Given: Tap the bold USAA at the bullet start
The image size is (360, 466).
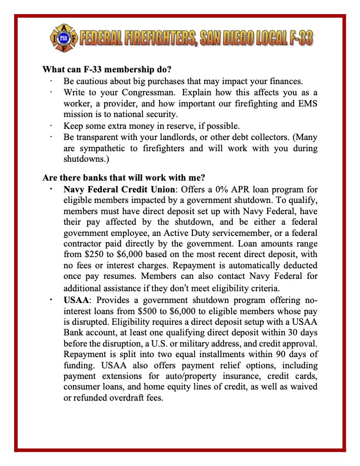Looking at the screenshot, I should pos(76,299).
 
